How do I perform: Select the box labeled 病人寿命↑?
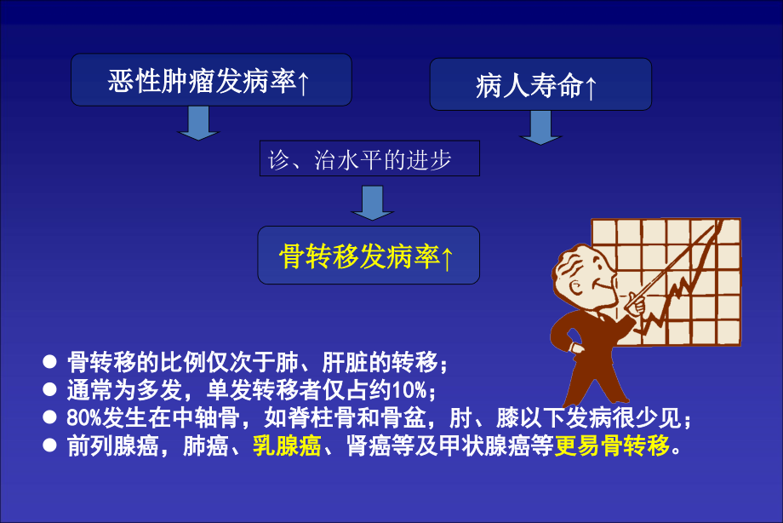(540, 85)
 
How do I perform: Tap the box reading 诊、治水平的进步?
(369, 159)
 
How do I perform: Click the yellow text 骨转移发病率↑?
(368, 256)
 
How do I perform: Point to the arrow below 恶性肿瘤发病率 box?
(198, 123)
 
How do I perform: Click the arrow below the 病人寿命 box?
(540, 127)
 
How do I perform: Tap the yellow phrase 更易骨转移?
(612, 445)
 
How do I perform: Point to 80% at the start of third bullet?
(83, 418)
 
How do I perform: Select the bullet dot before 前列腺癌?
(50, 445)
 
